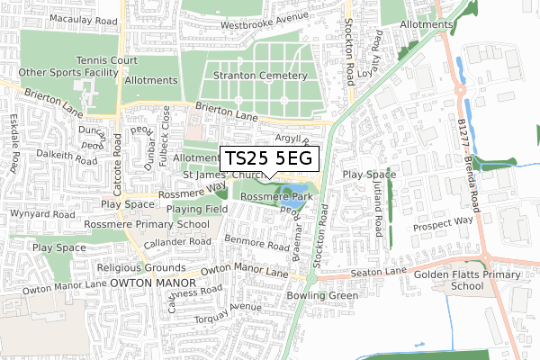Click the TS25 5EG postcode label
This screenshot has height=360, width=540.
coord(269,158)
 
